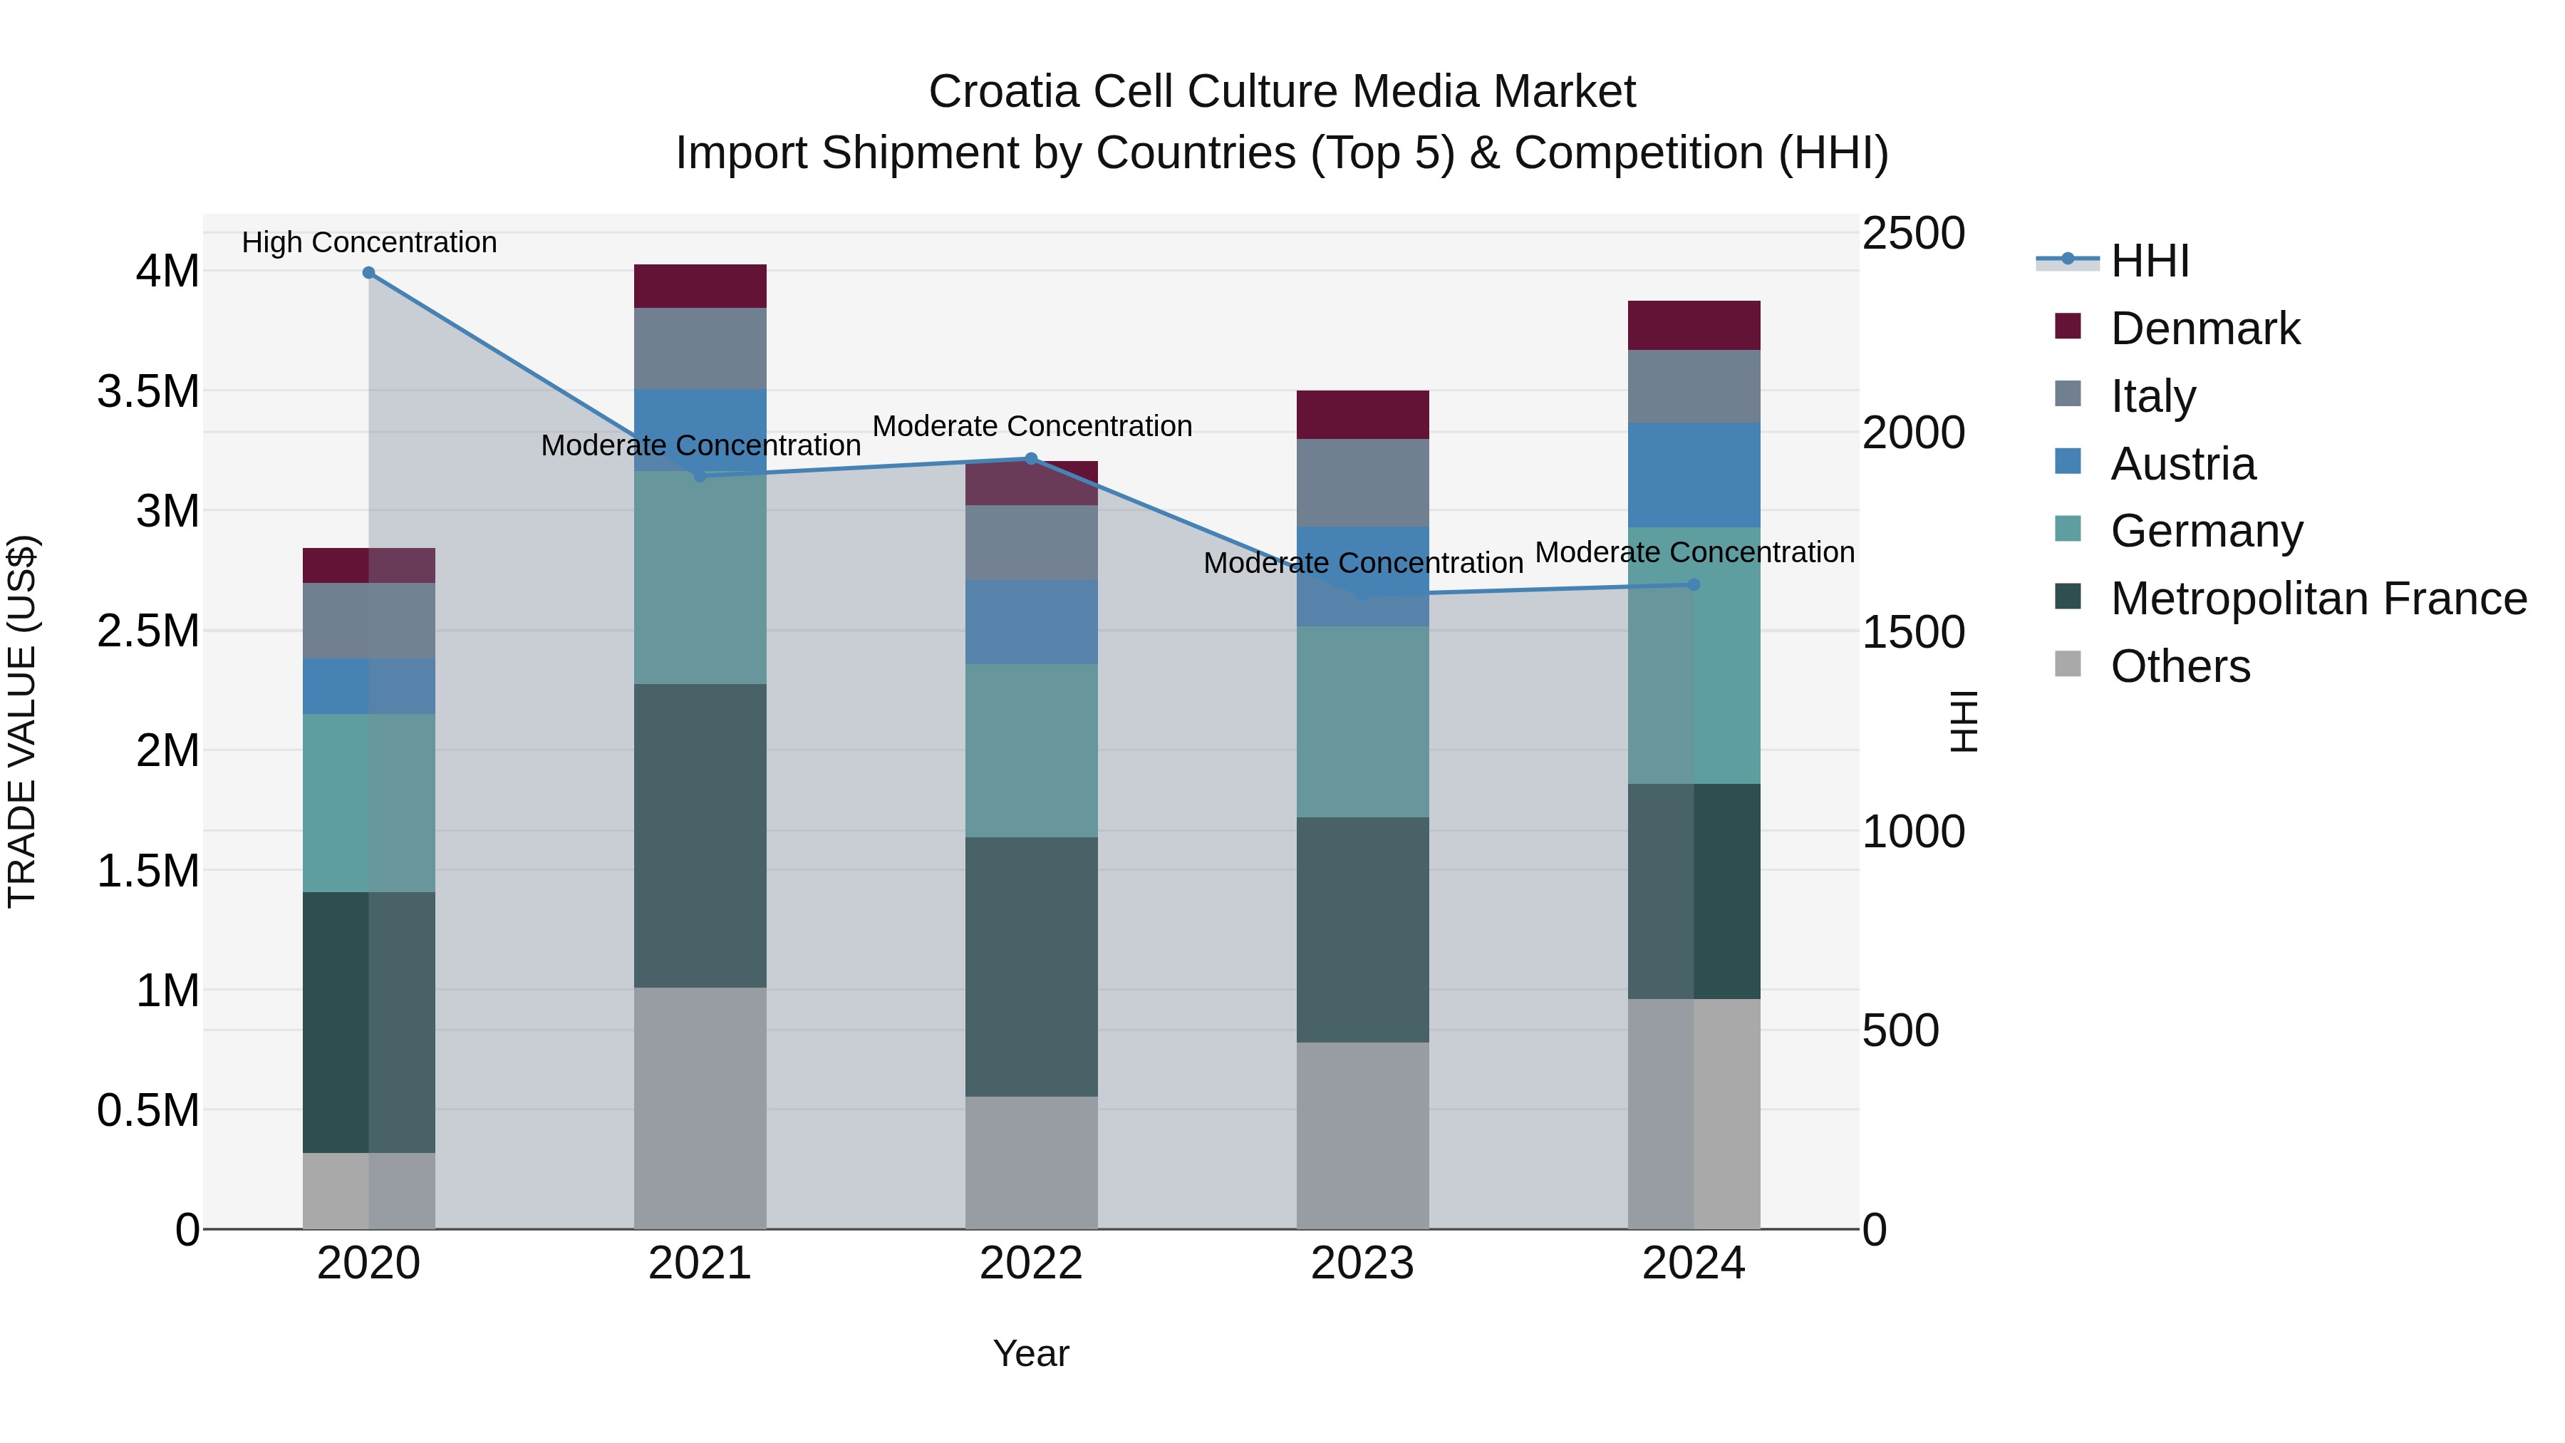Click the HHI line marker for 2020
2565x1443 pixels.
click(x=368, y=273)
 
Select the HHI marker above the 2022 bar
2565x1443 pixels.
click(x=1032, y=459)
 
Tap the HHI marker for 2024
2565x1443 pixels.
click(x=1694, y=584)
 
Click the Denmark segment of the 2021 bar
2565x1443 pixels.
click(x=700, y=286)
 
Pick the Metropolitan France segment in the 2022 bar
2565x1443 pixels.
click(x=1032, y=966)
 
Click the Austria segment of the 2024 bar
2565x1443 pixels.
click(x=1694, y=474)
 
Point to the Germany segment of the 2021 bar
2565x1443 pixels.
click(x=700, y=578)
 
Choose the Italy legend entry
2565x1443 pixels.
click(x=2152, y=396)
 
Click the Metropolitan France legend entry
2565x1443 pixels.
click(x=2318, y=599)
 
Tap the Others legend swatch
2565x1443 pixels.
click(x=2068, y=664)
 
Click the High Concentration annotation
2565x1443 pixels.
click(x=369, y=242)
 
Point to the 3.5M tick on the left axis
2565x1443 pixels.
click(x=147, y=391)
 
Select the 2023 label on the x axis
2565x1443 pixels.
click(x=1362, y=1263)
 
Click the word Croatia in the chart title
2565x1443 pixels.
click(x=1004, y=92)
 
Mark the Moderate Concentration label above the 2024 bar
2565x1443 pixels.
click(x=1694, y=552)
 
